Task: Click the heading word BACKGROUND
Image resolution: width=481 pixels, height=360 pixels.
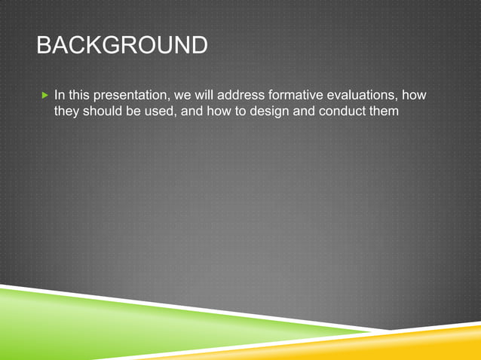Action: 121,46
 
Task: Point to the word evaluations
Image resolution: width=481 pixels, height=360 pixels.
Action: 351,96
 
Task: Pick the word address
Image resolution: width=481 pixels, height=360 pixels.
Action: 228,96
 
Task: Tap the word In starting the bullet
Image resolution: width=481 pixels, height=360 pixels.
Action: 60,96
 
